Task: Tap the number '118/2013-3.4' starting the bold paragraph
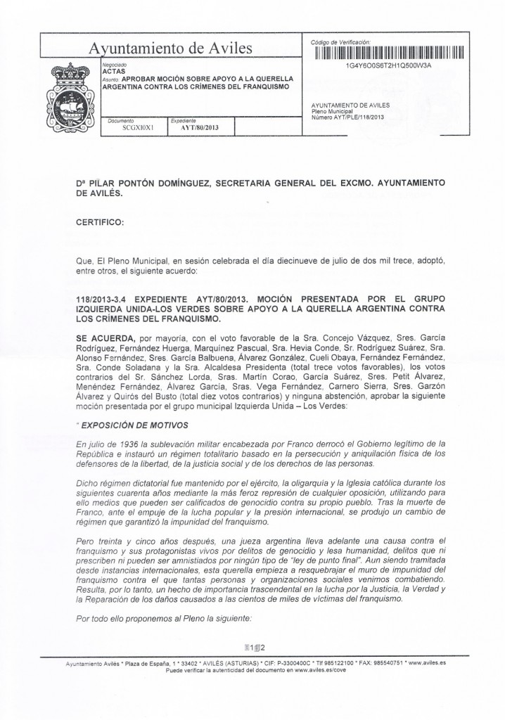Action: coord(107,299)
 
